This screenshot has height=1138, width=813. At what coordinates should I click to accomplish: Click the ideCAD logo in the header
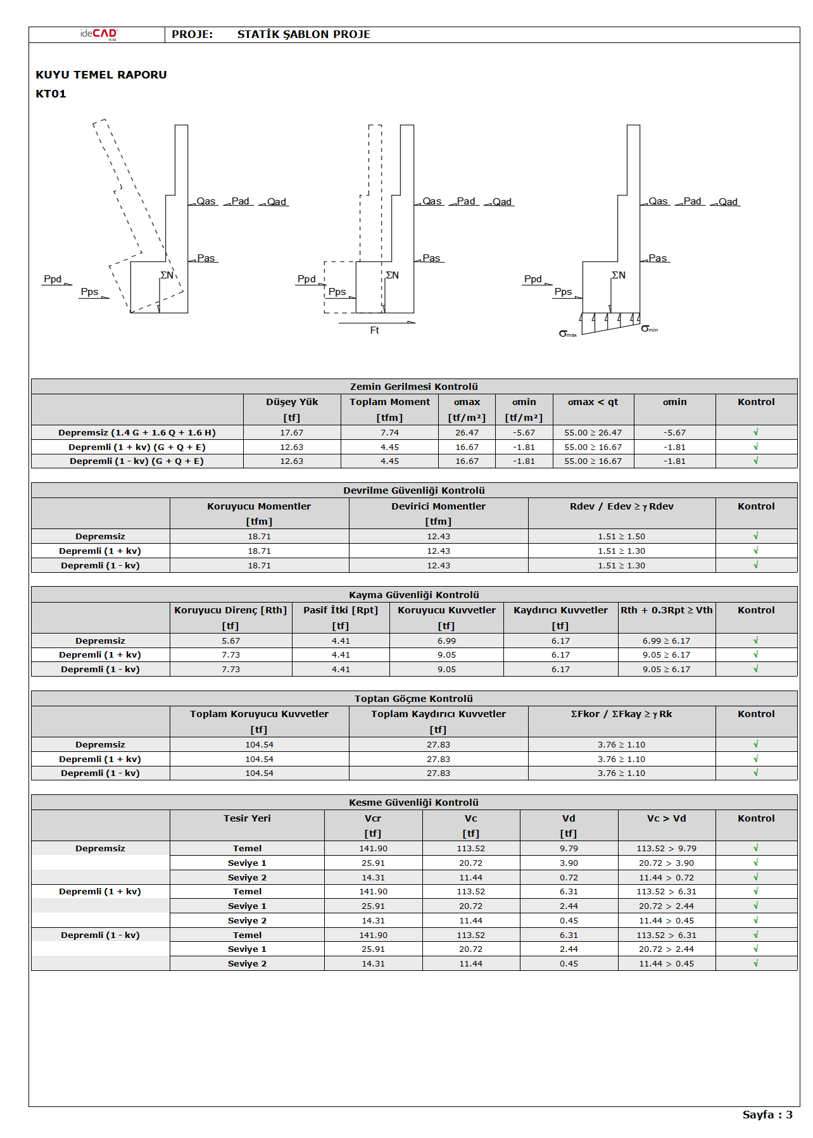tap(99, 34)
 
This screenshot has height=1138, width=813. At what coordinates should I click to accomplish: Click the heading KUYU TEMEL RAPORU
tap(101, 75)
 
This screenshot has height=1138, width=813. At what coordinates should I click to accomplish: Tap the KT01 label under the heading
tap(51, 94)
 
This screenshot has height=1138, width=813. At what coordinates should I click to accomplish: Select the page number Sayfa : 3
tap(767, 1115)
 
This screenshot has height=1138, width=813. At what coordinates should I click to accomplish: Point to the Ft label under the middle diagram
tap(374, 330)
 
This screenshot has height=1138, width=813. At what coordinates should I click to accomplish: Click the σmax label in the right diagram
tap(567, 334)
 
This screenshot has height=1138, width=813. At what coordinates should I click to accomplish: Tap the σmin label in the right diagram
tap(648, 328)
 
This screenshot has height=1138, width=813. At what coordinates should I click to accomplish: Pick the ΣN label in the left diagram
tap(167, 275)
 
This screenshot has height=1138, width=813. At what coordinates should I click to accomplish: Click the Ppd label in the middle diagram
tap(306, 279)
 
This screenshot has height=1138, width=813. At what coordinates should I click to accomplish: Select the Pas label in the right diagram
tap(657, 258)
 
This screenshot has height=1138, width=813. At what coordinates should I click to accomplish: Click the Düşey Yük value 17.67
tap(292, 433)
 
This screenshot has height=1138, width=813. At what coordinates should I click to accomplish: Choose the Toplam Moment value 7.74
tap(389, 433)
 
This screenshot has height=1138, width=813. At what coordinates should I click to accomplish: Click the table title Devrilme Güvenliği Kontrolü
tap(414, 491)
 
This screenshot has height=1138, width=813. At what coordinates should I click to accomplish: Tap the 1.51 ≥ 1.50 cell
tap(621, 537)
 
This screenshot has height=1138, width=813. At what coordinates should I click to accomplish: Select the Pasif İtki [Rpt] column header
tap(341, 610)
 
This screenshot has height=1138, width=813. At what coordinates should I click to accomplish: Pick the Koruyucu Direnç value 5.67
tap(230, 641)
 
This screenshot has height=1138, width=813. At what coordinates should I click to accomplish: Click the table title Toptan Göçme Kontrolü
tap(414, 699)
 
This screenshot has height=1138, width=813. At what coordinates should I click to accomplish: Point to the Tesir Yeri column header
tap(247, 818)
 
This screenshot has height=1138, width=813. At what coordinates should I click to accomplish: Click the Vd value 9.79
tap(569, 849)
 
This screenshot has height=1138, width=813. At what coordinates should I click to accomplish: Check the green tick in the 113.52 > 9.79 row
tap(755, 848)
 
